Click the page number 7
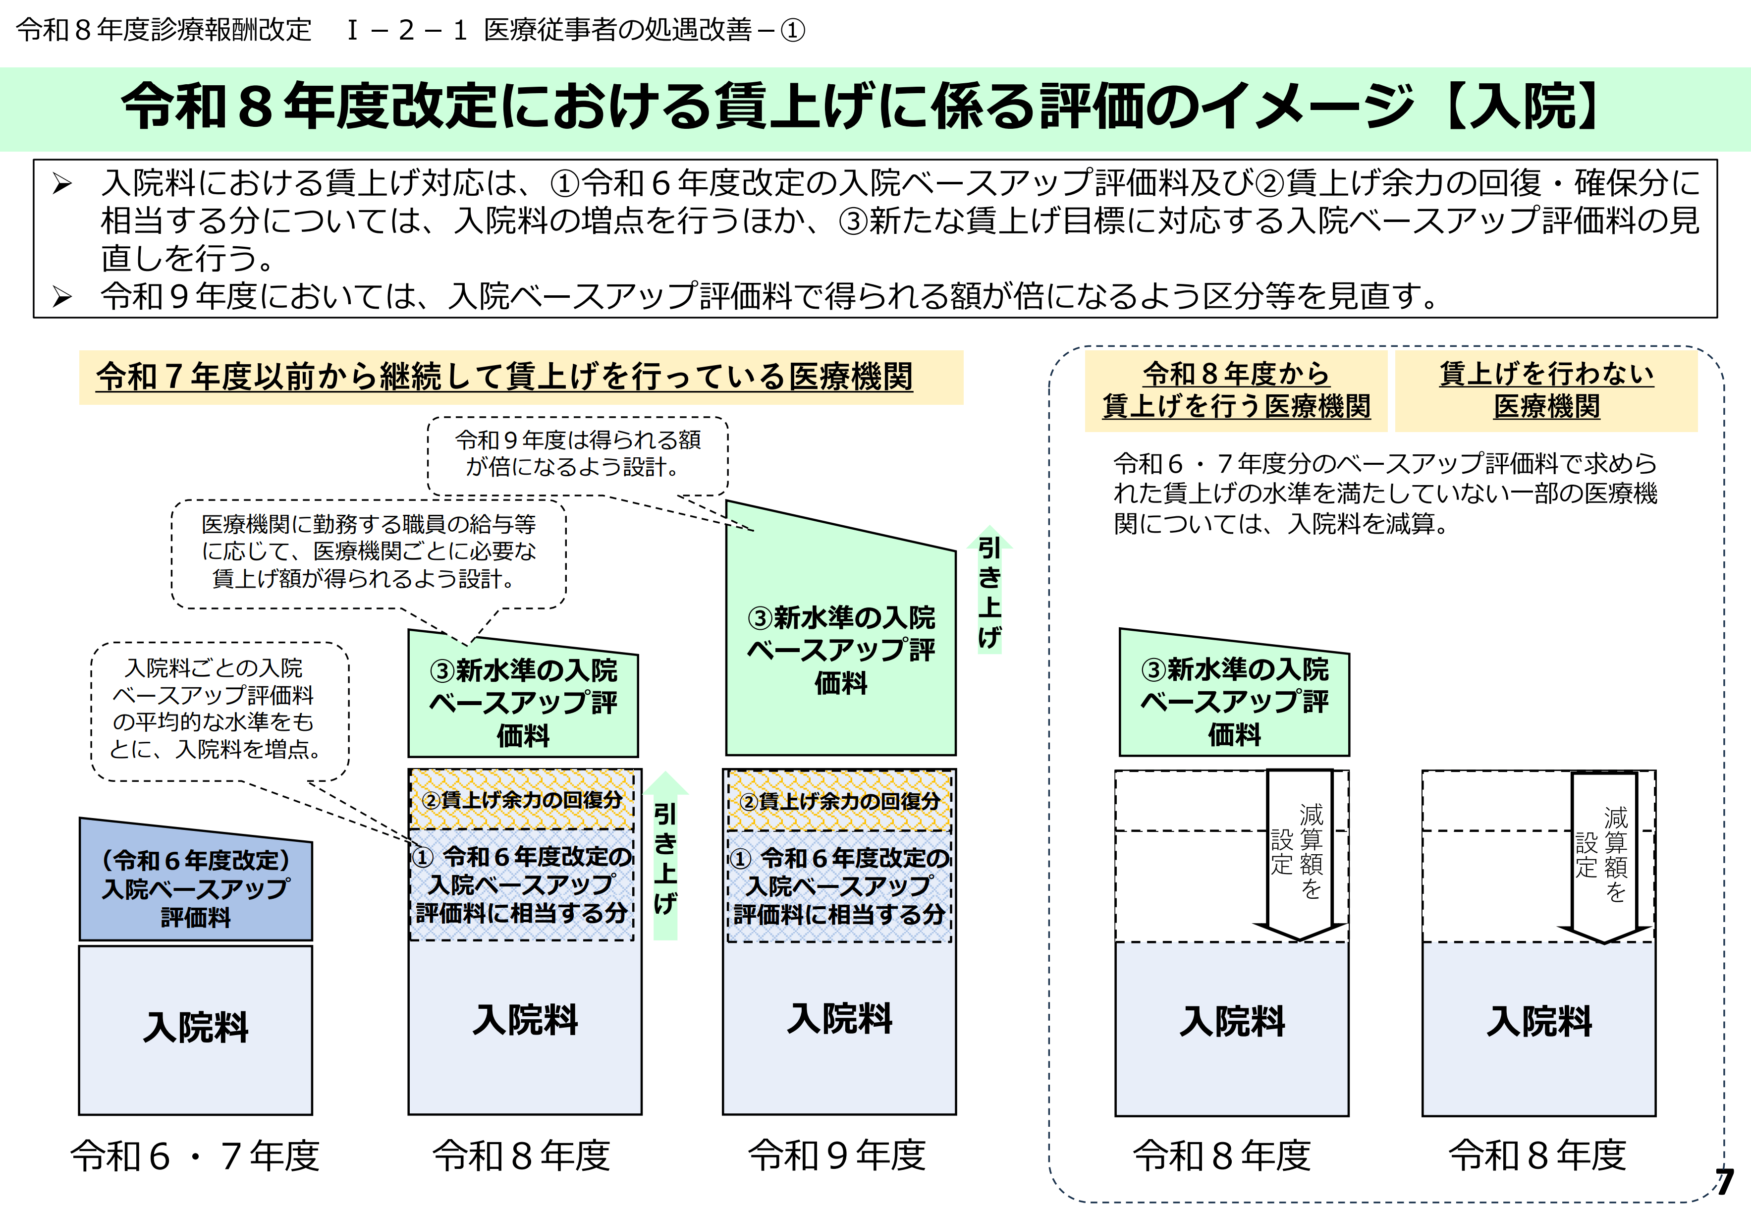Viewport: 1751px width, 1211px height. click(1724, 1181)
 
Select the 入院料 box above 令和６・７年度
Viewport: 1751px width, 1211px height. click(196, 1028)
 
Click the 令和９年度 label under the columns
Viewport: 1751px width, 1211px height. click(837, 1156)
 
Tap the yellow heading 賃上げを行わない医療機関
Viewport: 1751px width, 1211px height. click(1546, 390)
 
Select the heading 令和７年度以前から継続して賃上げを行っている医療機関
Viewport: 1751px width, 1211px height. click(504, 377)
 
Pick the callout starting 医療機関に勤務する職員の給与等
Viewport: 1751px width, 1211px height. click(369, 551)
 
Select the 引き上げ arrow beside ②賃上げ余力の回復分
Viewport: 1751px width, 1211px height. click(665, 857)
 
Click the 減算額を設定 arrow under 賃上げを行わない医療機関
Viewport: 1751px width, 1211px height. click(1604, 854)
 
